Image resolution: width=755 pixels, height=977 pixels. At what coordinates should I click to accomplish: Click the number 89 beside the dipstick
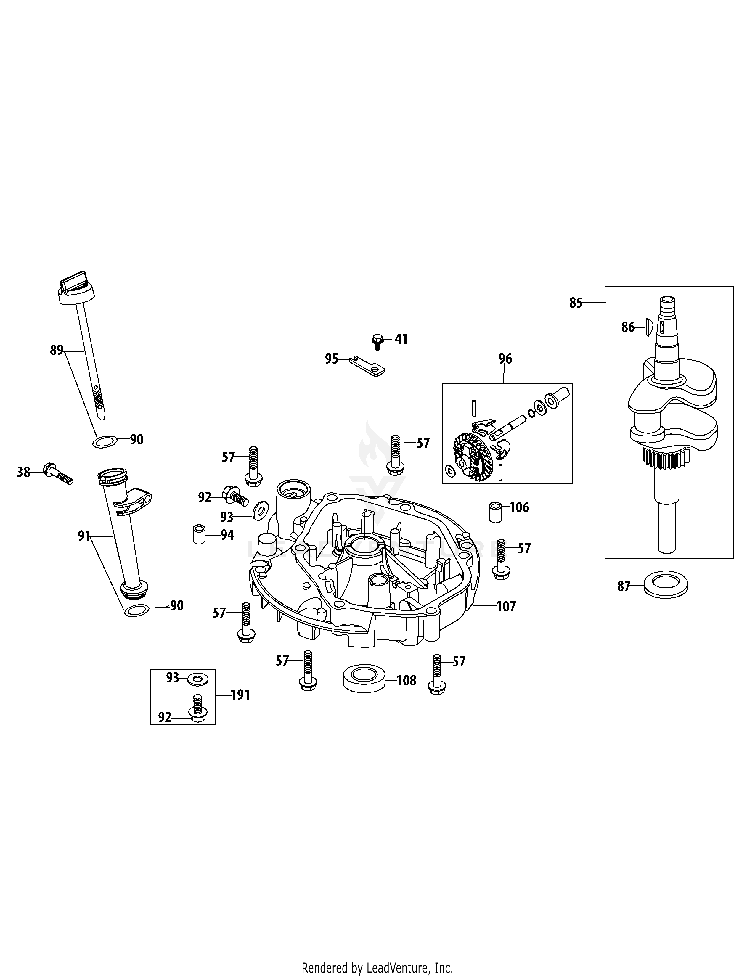56,350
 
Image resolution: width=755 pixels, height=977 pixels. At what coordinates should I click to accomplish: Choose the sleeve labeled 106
495,512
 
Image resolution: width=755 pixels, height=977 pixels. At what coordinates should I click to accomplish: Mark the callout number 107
506,607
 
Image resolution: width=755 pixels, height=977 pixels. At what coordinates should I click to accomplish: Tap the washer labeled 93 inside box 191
197,679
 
